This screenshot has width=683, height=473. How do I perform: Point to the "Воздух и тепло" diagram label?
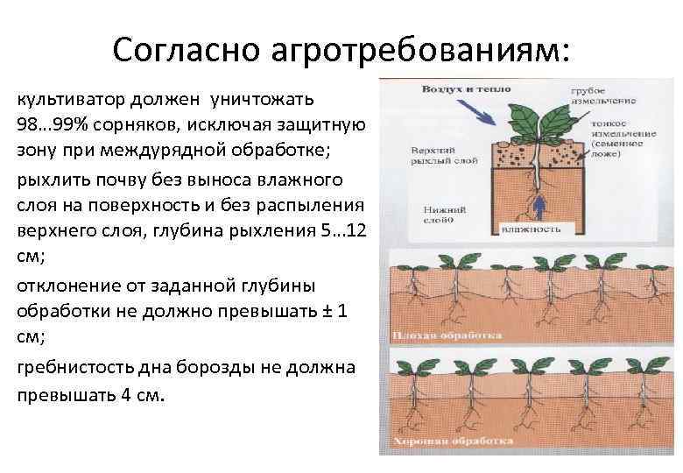pyautogui.click(x=456, y=89)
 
